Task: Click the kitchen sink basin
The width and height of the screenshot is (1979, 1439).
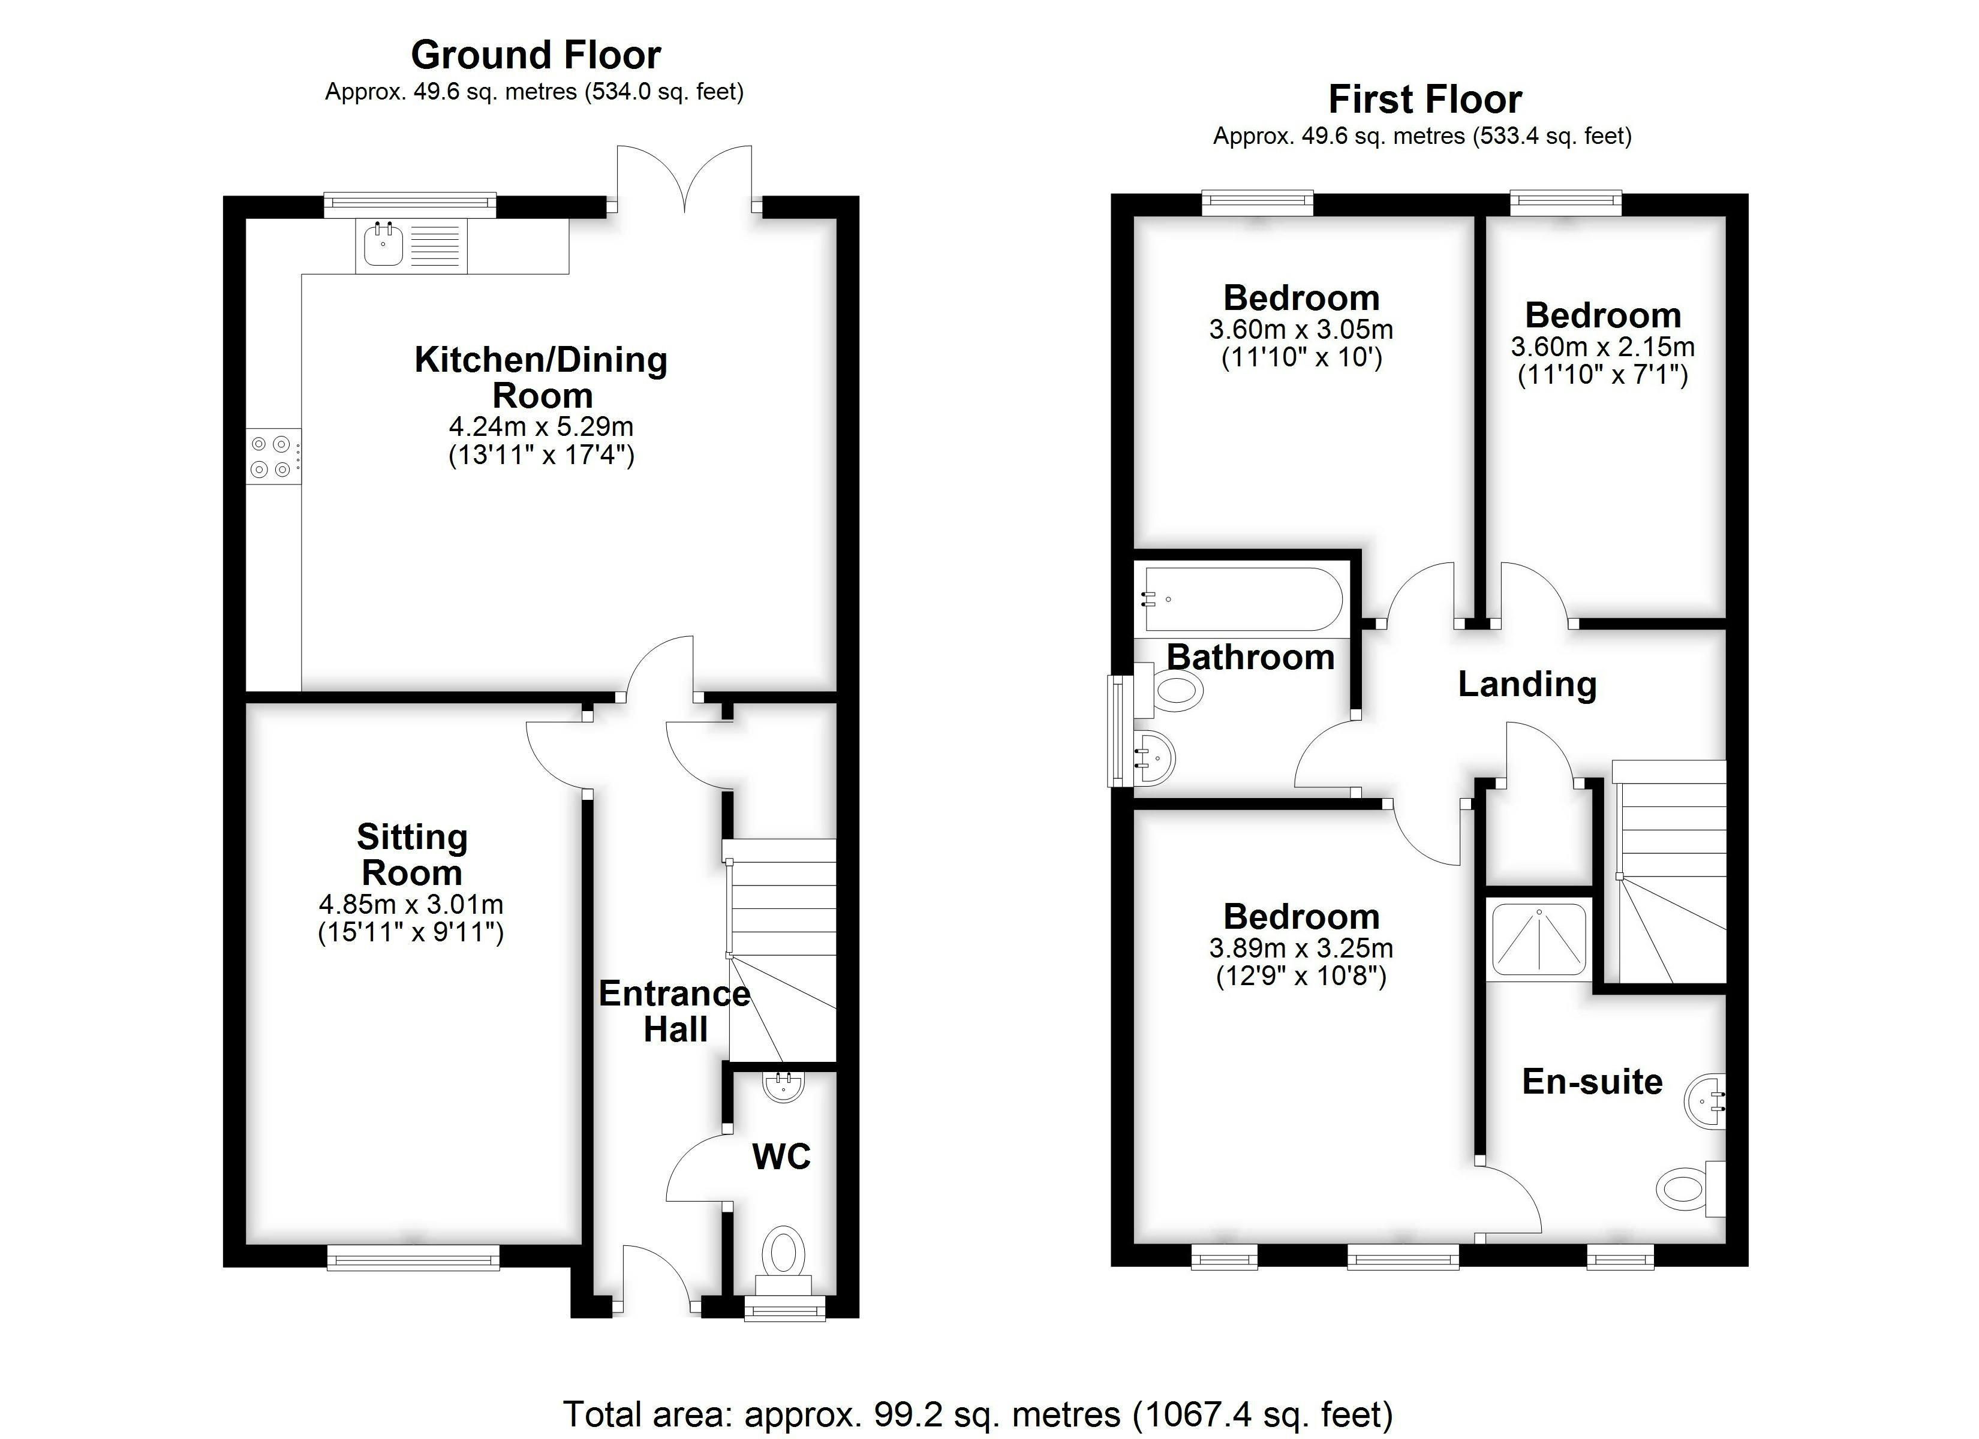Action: [382, 245]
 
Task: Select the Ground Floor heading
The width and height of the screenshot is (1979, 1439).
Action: [536, 55]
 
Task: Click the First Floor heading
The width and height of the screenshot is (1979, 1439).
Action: [1425, 100]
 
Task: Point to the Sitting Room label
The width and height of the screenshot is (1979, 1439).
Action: [412, 854]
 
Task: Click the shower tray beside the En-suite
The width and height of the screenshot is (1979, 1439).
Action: [1538, 939]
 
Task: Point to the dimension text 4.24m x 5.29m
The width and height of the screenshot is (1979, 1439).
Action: [541, 427]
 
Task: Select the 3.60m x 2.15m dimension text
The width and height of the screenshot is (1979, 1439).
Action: [1603, 347]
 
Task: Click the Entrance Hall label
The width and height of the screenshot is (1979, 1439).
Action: [675, 1011]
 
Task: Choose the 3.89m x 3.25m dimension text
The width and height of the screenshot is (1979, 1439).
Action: [1301, 948]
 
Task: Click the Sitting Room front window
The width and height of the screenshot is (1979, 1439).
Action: [414, 1257]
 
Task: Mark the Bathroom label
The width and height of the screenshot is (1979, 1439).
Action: [1250, 657]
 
